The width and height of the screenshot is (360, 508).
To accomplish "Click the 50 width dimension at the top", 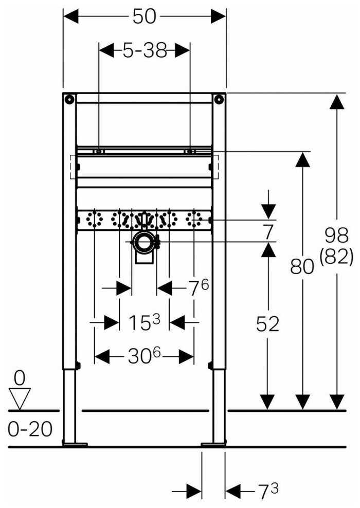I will pos(144,16).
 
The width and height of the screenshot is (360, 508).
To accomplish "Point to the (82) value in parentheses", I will pos(336,256).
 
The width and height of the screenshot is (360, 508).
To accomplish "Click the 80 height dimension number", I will pos(302,267).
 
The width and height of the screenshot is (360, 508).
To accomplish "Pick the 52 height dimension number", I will pos(267,323).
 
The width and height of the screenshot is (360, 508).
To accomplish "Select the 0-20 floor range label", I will pos(30,429).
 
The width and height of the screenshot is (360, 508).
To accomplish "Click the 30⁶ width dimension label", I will pos(145,355).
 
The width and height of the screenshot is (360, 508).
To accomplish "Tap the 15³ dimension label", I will pos(145,323).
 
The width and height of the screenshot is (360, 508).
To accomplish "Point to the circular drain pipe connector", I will pos(145,241).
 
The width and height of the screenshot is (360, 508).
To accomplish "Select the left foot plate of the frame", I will pos(75,443).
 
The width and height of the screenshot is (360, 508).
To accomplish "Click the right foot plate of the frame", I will pos(213,443).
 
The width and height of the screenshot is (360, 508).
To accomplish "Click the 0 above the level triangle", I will pos(20,378).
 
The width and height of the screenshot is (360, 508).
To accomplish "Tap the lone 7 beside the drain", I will pos(267,231).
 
